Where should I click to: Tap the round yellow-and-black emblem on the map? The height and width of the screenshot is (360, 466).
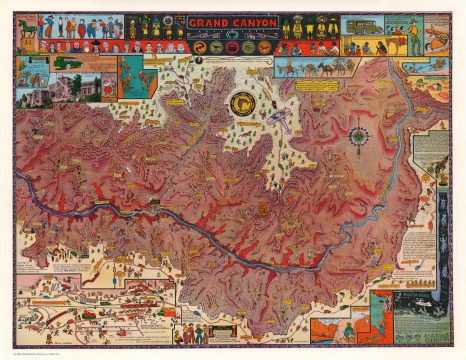pos(240,102)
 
